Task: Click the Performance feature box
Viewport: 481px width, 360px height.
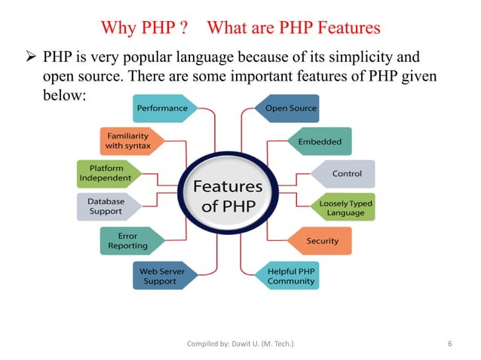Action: click(x=163, y=108)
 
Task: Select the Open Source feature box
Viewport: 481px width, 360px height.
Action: click(x=290, y=108)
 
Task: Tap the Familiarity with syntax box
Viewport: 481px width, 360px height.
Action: click(x=128, y=140)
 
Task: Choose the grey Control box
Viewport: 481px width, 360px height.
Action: click(x=345, y=173)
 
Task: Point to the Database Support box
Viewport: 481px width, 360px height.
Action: click(x=106, y=207)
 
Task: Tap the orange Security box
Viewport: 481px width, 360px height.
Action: click(x=321, y=241)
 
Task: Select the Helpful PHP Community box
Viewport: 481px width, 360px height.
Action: click(x=290, y=275)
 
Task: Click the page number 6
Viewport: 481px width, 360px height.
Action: click(x=449, y=344)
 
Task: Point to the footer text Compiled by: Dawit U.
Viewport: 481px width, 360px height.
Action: click(x=240, y=344)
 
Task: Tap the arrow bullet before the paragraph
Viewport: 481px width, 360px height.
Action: click(x=32, y=56)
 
